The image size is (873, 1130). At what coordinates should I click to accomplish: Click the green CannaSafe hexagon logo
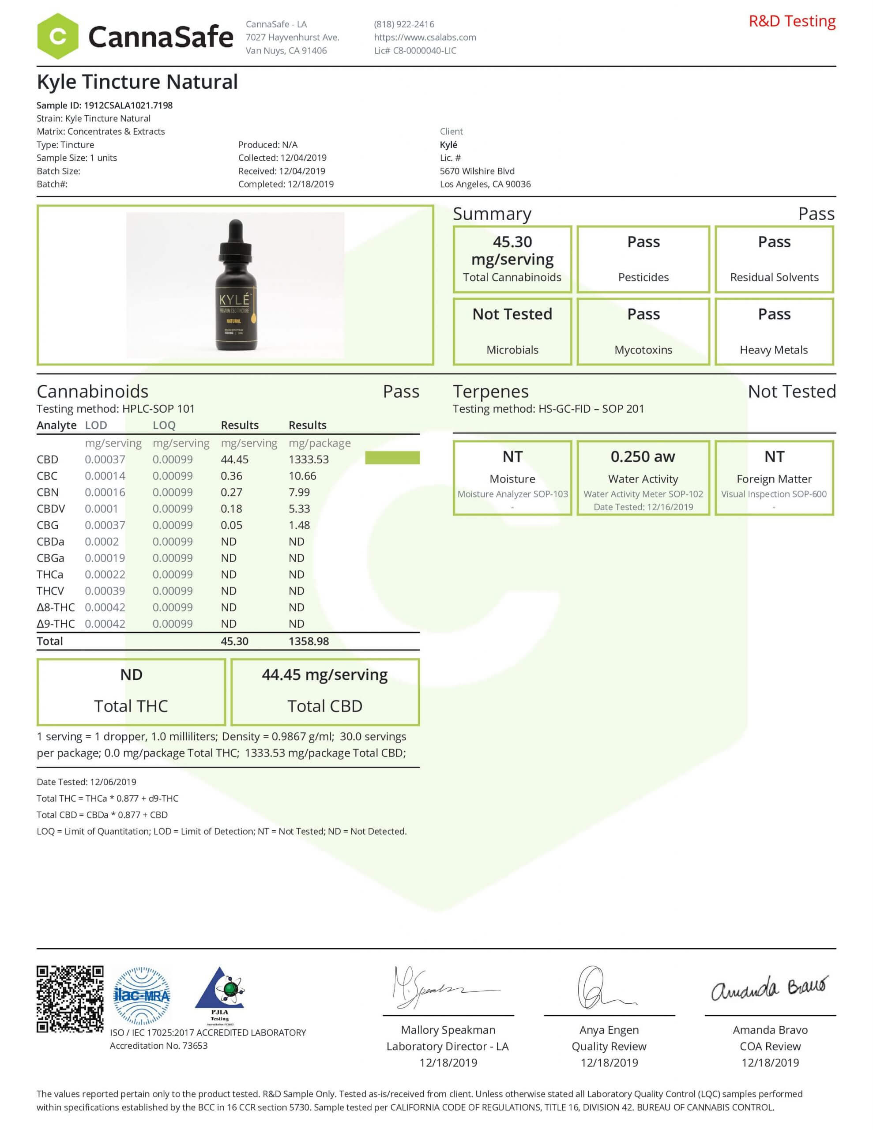57,36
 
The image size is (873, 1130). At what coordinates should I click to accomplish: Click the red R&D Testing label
792,21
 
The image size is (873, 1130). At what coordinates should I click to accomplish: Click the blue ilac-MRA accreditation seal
141,995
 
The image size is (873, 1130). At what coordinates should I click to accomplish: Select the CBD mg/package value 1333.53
309,460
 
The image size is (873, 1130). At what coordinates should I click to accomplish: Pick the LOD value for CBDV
102,508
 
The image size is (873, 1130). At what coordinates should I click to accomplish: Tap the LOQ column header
164,426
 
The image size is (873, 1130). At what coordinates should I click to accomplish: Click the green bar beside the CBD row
392,458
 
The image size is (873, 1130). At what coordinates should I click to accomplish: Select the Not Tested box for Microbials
512,331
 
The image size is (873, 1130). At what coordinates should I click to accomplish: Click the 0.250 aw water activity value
643,456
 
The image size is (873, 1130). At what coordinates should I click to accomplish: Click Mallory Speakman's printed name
448,1030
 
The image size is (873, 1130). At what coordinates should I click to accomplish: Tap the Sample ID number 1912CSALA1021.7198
128,105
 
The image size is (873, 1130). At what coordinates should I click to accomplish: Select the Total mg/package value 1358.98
309,641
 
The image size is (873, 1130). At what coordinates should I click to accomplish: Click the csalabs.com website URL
425,37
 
